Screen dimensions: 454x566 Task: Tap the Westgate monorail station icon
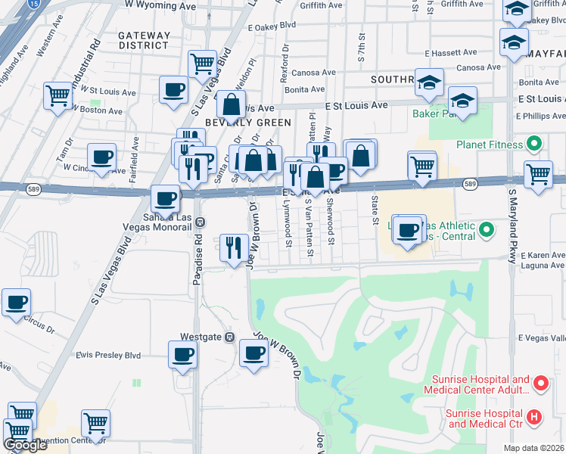(x=231, y=337)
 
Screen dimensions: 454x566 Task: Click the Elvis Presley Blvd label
(x=108, y=354)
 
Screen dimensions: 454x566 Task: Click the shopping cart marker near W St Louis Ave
(x=58, y=96)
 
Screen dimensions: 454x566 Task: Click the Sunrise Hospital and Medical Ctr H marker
(x=534, y=416)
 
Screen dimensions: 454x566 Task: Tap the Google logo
(x=24, y=445)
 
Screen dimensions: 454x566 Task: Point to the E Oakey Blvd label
(x=272, y=26)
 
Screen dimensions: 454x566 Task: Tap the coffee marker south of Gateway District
(x=174, y=90)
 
